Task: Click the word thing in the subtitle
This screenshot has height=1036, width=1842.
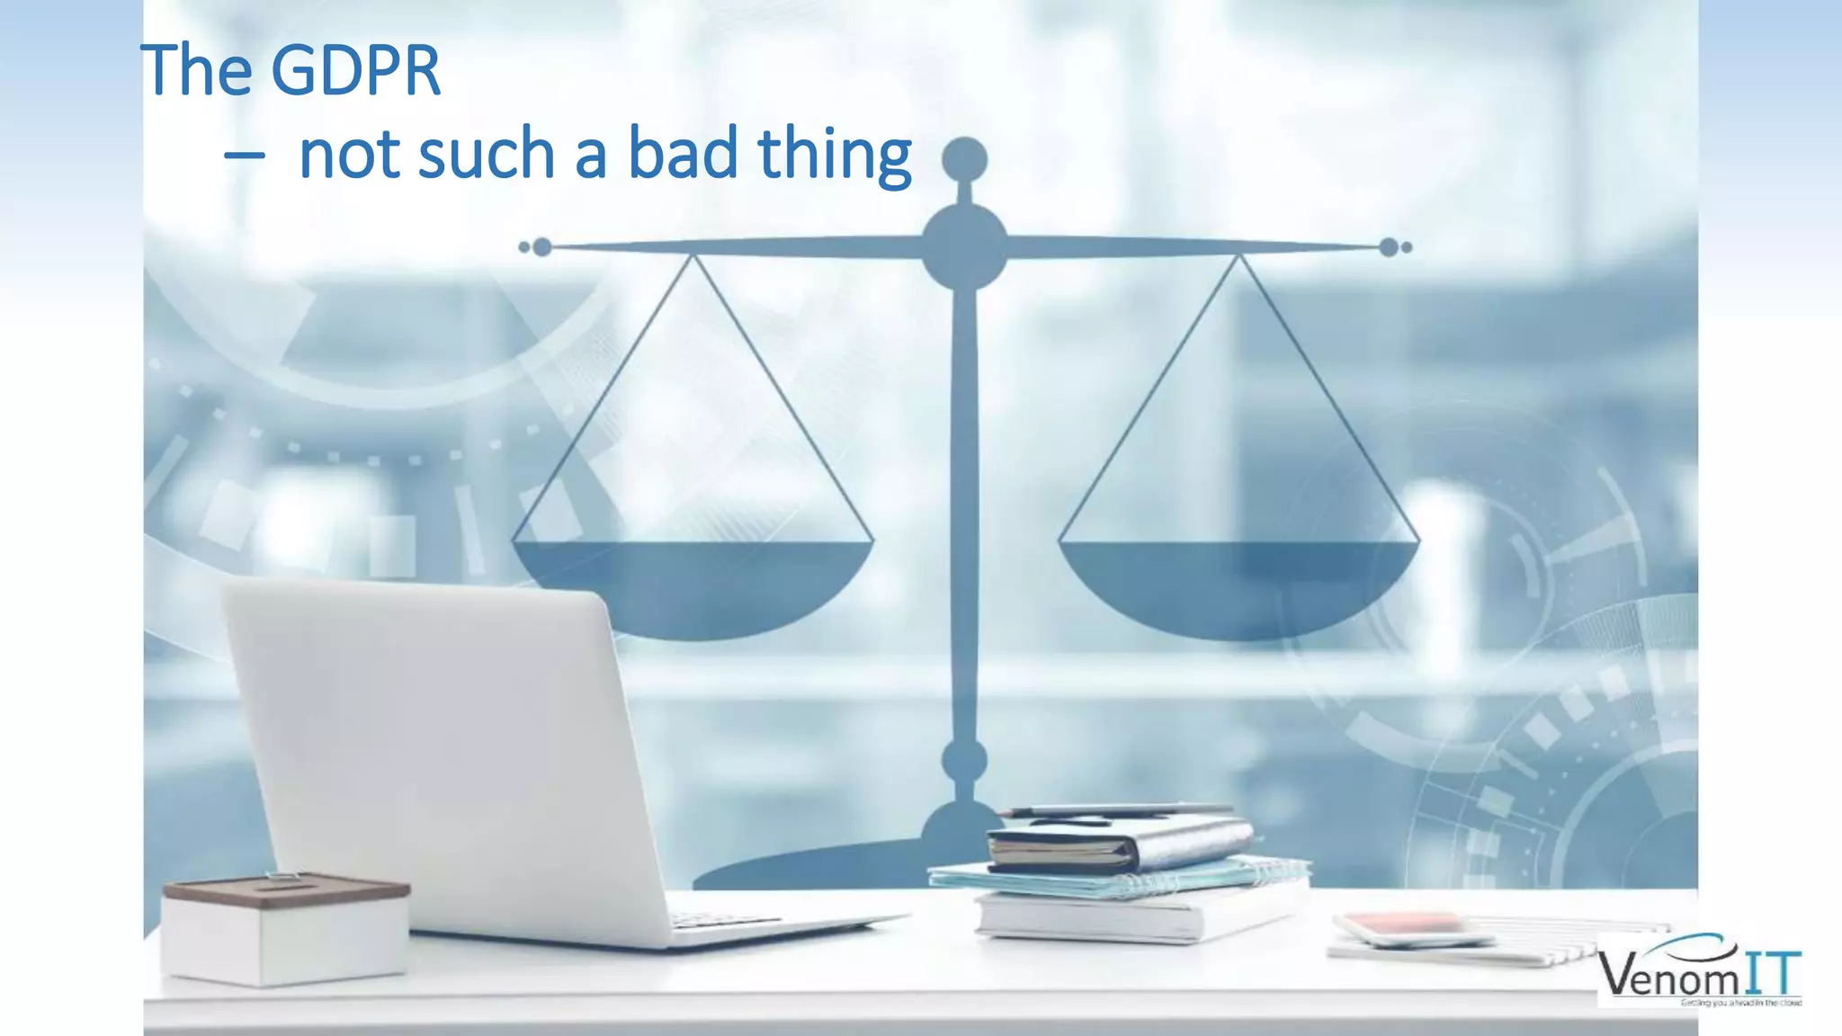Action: pyautogui.click(x=835, y=155)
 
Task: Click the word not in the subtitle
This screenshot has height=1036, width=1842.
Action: pyautogui.click(x=350, y=155)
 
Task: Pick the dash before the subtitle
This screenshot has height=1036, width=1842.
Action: pyautogui.click(x=244, y=156)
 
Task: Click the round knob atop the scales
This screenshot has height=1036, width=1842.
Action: pyautogui.click(x=964, y=160)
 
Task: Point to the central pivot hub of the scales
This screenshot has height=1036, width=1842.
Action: pyautogui.click(x=964, y=245)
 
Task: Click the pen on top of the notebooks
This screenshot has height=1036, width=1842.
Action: pyautogui.click(x=1115, y=811)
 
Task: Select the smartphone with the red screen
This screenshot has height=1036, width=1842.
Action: pyautogui.click(x=1408, y=926)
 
